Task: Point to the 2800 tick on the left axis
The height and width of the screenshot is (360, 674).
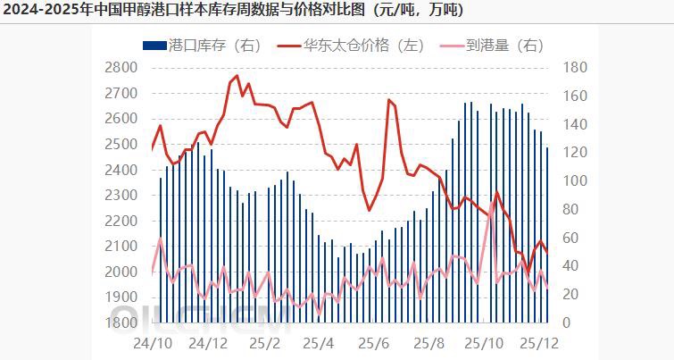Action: pyautogui.click(x=121, y=67)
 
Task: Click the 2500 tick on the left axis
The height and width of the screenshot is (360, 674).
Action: pyautogui.click(x=121, y=144)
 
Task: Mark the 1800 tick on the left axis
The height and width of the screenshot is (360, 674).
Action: pyautogui.click(x=121, y=322)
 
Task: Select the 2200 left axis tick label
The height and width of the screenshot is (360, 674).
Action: pyautogui.click(x=121, y=221)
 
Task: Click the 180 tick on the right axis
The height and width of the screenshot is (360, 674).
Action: pyautogui.click(x=576, y=67)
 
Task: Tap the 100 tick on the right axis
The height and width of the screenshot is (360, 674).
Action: pyautogui.click(x=576, y=180)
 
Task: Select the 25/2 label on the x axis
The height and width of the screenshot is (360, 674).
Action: pyautogui.click(x=265, y=343)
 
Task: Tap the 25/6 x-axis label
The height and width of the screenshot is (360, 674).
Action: pyautogui.click(x=373, y=343)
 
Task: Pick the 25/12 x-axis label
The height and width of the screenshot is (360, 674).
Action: pyautogui.click(x=538, y=343)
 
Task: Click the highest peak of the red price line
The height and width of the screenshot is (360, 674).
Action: pyautogui.click(x=237, y=76)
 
